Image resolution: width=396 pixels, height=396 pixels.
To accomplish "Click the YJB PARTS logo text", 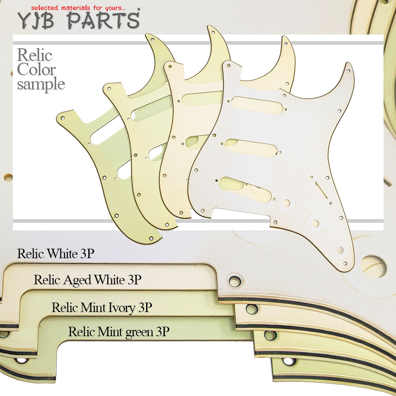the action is click(78, 20).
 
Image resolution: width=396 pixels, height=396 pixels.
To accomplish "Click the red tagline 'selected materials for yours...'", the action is click(78, 8).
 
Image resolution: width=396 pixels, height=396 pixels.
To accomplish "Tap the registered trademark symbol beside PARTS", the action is click(139, 10).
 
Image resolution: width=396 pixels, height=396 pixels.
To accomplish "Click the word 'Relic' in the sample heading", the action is click(34, 55).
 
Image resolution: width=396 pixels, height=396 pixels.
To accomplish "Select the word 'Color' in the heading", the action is click(36, 69).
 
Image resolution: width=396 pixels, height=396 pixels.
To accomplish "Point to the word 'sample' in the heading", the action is click(41, 84).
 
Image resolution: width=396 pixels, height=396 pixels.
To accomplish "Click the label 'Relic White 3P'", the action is click(55, 253).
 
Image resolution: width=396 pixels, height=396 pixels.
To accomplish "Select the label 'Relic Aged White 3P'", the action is click(88, 280).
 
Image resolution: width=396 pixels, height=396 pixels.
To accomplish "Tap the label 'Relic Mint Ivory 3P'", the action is click(102, 308).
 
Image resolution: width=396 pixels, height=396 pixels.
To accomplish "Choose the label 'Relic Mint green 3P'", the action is click(119, 332).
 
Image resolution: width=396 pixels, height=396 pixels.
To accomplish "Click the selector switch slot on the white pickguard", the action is click(321, 190).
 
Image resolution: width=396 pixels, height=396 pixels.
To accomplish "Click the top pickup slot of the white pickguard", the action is click(256, 105).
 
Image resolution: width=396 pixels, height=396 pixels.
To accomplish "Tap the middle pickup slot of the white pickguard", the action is click(251, 148).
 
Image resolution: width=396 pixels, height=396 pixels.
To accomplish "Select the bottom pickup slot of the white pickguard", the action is click(245, 189).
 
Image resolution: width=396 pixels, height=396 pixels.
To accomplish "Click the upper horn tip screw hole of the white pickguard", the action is click(348, 71).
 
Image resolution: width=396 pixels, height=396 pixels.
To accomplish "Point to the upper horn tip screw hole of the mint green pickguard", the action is click(152, 40).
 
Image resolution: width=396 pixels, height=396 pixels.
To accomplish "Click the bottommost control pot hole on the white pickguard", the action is click(339, 250).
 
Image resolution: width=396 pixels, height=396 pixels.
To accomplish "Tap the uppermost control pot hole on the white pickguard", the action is click(286, 203).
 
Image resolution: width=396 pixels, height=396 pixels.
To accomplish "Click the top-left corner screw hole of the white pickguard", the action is click(228, 66).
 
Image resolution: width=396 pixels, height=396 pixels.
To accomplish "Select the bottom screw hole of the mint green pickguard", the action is click(151, 238).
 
